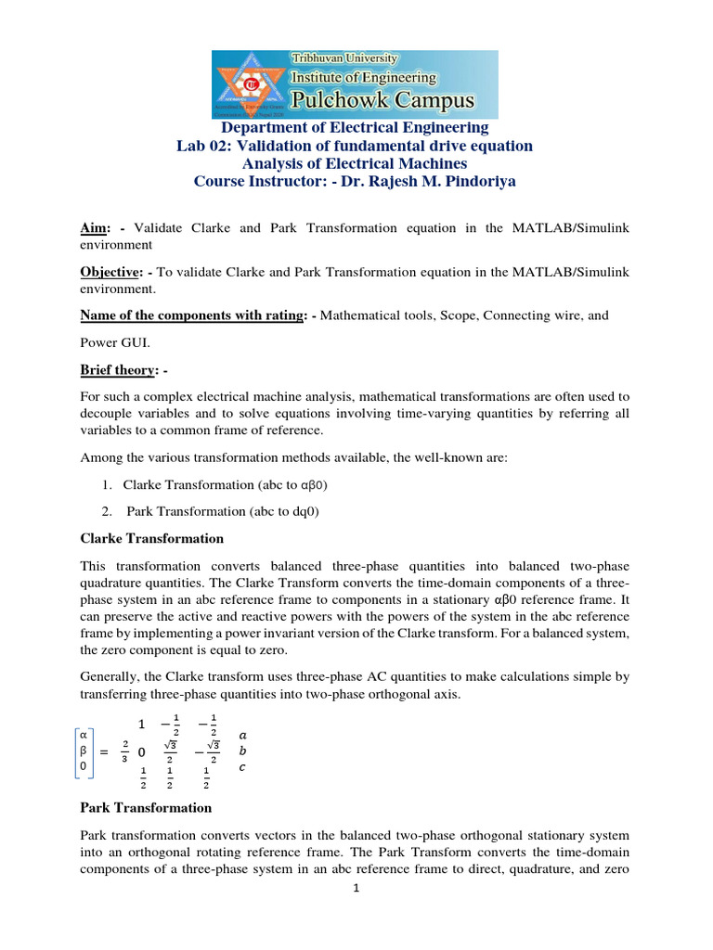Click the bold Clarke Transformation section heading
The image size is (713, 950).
(152, 538)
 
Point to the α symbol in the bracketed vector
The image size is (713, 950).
(85, 734)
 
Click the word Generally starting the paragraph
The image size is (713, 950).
(113, 677)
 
